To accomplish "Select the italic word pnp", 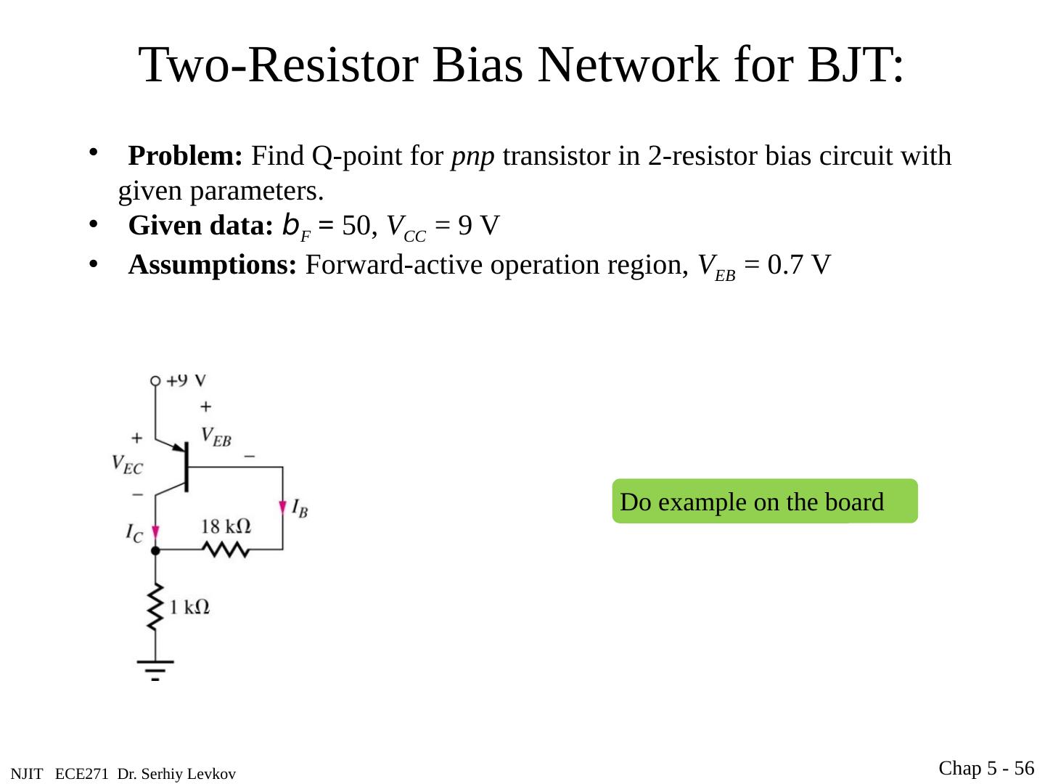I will (473, 156).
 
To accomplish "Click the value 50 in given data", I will (356, 226).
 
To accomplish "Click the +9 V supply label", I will (187, 380).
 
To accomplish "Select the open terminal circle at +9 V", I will (155, 380).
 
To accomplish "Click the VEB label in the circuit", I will (216, 436).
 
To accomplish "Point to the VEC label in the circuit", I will (127, 464).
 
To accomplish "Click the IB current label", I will (300, 508).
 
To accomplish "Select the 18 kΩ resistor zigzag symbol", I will (226, 551).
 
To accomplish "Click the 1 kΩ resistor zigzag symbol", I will (155, 608).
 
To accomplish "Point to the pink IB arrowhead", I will (282, 506).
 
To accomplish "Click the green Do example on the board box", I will (765, 502).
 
